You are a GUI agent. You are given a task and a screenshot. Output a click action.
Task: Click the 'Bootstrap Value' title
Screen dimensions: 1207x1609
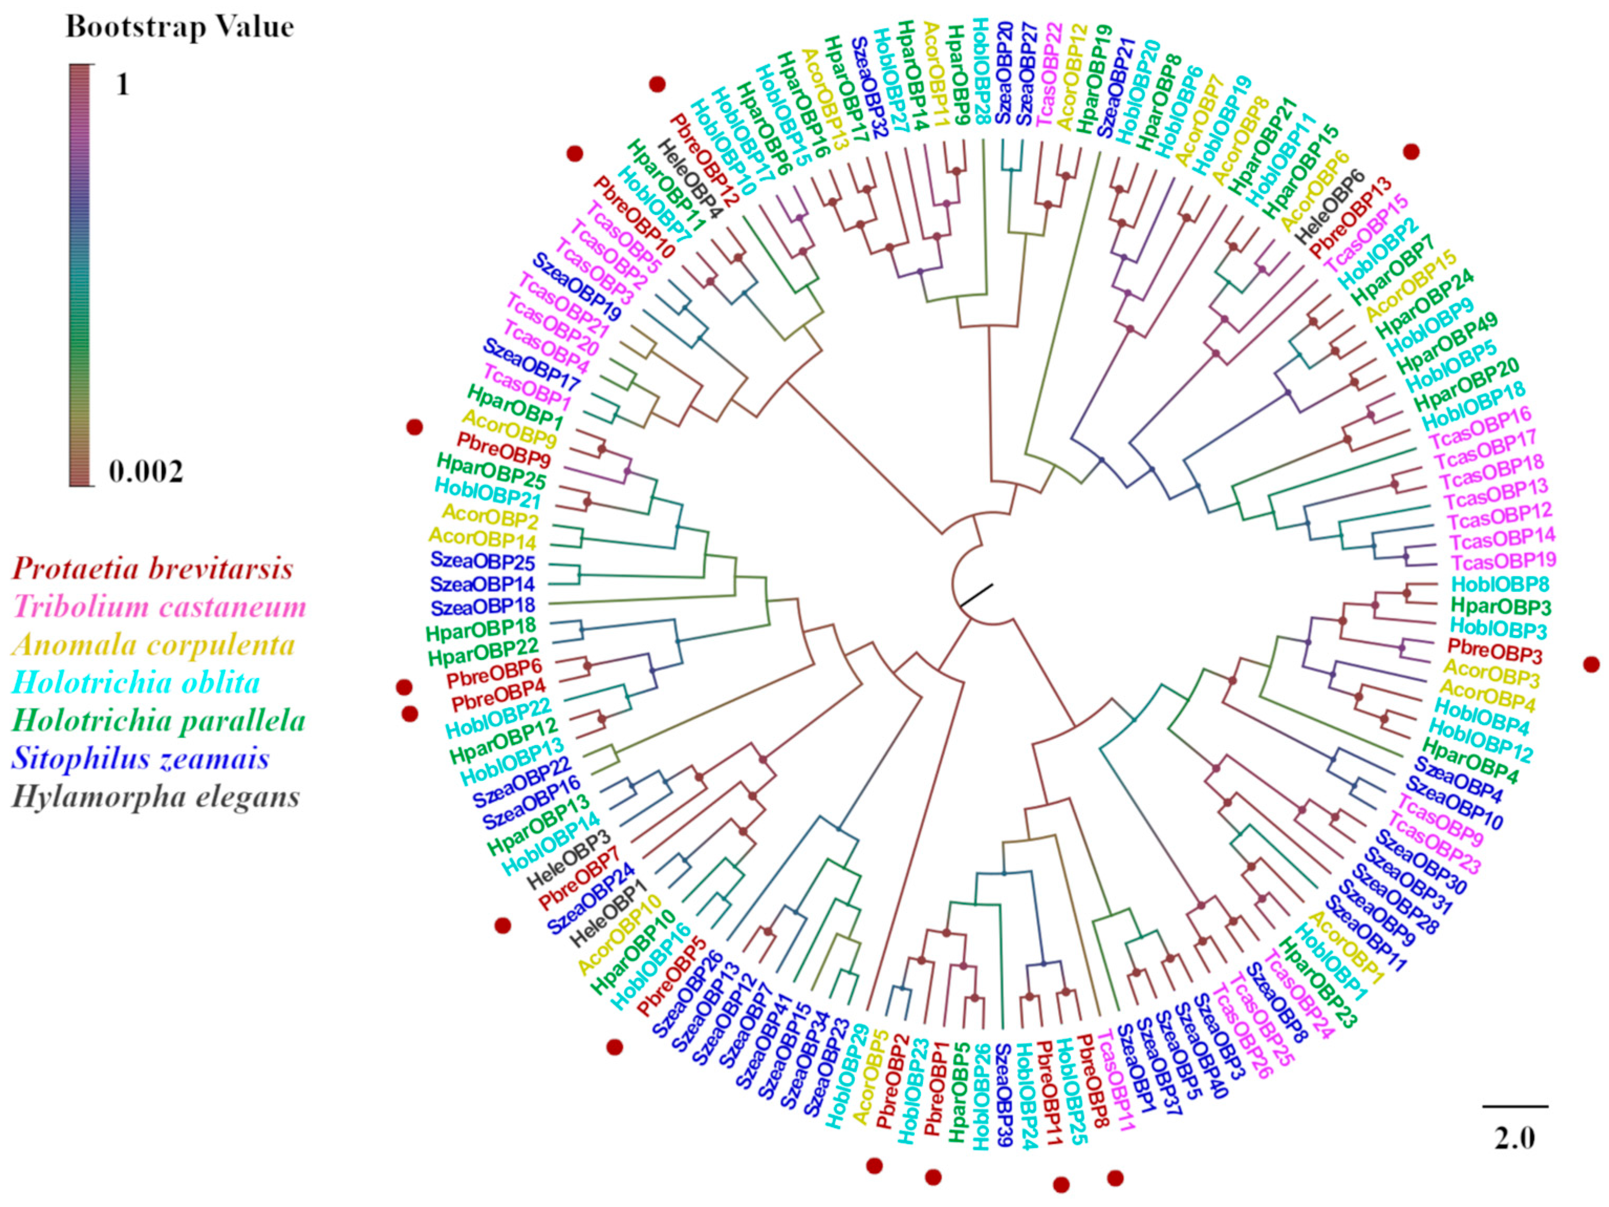tap(180, 27)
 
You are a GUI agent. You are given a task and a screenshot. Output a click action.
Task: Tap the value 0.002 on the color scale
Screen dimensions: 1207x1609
tap(146, 471)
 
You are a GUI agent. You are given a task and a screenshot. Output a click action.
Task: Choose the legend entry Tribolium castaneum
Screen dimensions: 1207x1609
tap(159, 606)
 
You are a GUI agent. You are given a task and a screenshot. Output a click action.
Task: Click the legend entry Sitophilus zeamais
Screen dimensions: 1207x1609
tap(140, 759)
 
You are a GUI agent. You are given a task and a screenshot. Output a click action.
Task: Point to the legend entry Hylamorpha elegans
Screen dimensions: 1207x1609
tap(156, 796)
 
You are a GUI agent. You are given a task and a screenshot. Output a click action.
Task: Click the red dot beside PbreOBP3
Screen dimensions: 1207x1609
tap(1592, 663)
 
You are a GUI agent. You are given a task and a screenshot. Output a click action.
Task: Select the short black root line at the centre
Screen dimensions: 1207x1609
tap(976, 595)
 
